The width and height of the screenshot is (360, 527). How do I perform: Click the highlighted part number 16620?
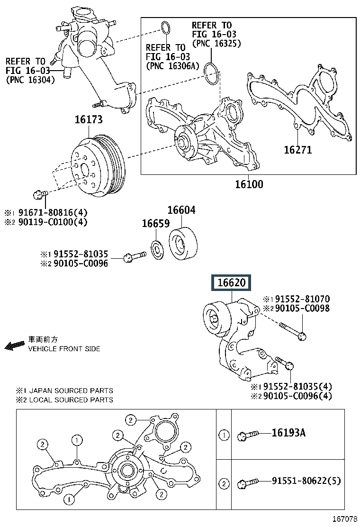click(232, 283)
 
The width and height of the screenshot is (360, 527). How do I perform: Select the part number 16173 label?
click(88, 120)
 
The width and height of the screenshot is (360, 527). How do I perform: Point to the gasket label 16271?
click(297, 150)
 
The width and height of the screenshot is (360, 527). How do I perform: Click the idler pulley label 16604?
click(181, 210)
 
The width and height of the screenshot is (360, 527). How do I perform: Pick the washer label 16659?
click(155, 224)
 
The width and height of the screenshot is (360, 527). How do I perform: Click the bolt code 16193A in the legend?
click(288, 433)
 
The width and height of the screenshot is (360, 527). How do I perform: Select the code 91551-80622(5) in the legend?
click(306, 482)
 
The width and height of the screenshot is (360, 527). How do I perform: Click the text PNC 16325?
click(216, 43)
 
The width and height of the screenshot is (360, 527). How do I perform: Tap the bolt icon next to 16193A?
click(248, 434)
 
